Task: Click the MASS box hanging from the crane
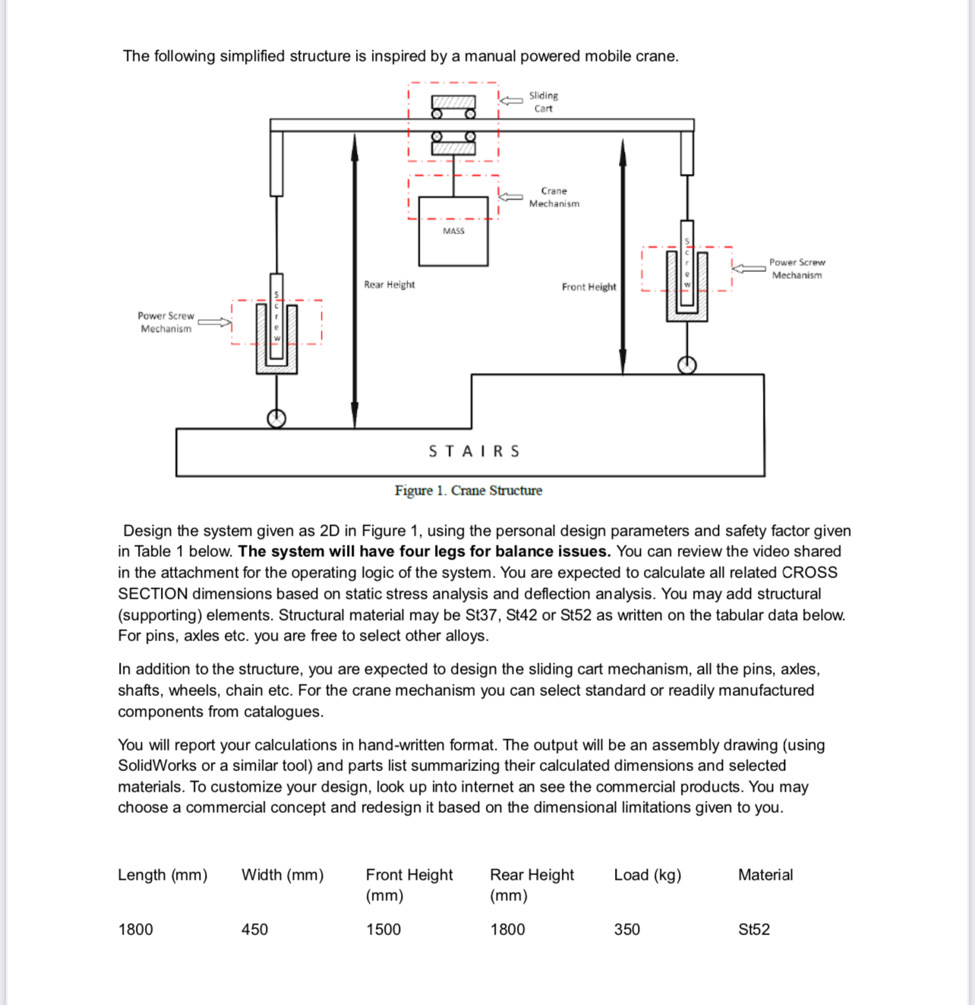point(453,232)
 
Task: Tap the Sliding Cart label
point(543,102)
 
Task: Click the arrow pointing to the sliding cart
point(511,100)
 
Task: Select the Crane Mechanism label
point(554,198)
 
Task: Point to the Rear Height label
point(390,285)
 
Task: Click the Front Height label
point(588,287)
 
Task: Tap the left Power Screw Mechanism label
point(166,322)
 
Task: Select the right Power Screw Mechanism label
point(797,269)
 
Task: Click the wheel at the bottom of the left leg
point(276,419)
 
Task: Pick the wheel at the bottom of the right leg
point(686,365)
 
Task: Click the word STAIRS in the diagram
point(474,451)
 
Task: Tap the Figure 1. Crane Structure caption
point(468,491)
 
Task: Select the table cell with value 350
point(626,930)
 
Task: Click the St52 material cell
point(753,930)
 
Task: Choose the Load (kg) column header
point(647,875)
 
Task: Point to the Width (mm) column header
point(282,875)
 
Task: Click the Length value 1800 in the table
point(135,930)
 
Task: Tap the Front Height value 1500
point(383,930)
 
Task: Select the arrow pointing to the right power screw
point(749,268)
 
